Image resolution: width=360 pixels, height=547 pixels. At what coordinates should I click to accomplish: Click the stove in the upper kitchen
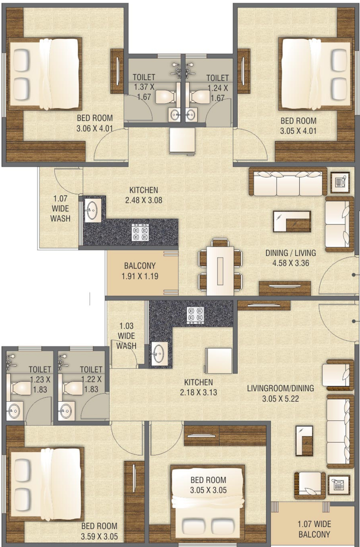140,232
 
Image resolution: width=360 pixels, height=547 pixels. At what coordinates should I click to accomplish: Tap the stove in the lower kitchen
195,315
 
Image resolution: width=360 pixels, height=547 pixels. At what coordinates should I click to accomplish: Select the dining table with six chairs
220,267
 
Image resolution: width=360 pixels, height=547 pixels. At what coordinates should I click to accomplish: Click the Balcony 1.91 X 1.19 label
140,271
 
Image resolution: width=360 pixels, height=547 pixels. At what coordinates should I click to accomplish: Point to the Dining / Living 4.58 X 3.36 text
291,258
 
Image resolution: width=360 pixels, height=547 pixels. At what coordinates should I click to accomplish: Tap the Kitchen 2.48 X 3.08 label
144,195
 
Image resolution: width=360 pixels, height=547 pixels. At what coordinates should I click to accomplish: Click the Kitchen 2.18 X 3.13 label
198,387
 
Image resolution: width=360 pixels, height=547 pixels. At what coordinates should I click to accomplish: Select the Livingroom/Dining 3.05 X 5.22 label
280,393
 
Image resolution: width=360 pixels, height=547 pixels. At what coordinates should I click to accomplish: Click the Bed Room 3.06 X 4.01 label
95,123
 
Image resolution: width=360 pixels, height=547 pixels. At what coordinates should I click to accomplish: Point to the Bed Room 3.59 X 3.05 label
99,531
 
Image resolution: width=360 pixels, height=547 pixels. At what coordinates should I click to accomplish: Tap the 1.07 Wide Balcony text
314,529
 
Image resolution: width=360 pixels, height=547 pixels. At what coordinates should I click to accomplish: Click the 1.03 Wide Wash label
126,336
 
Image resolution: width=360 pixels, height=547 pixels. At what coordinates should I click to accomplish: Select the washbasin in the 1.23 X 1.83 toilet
13,411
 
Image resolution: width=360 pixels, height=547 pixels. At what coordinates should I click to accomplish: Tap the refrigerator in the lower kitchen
218,360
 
